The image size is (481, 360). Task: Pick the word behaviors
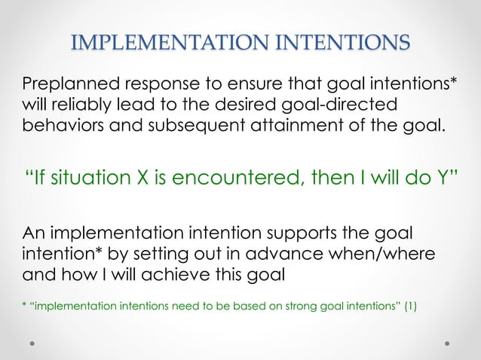(60, 123)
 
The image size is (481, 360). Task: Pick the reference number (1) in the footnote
(411, 306)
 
